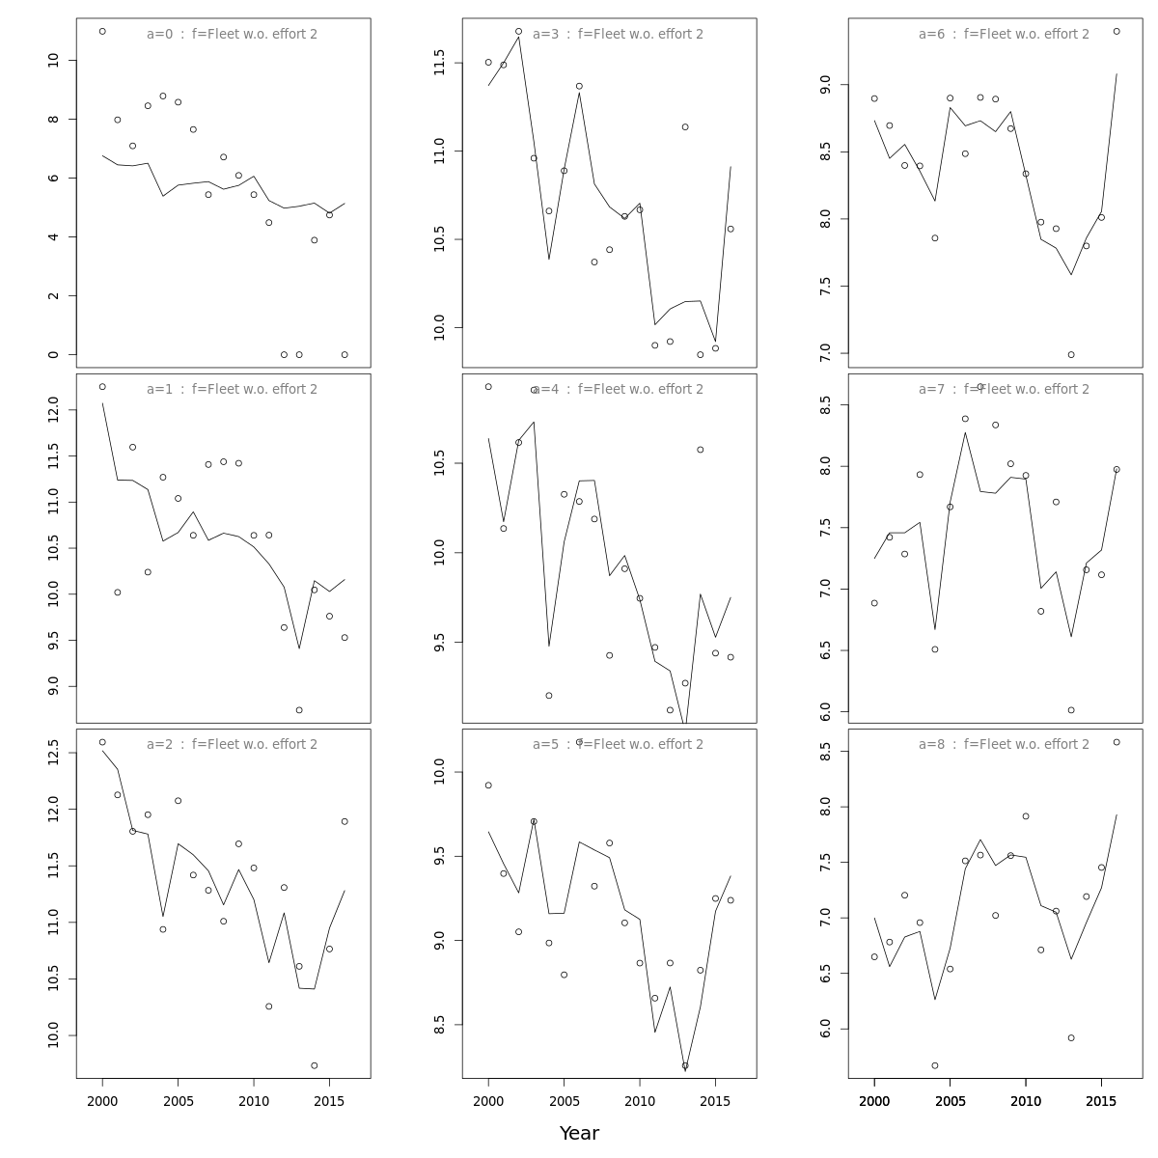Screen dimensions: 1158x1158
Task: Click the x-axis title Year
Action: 579,1134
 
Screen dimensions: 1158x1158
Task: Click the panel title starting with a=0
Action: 232,35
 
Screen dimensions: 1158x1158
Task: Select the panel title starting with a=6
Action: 1004,35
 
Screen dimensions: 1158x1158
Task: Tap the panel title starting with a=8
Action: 1004,745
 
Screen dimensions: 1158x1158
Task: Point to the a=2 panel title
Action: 232,745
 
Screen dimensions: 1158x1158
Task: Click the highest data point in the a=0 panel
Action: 102,32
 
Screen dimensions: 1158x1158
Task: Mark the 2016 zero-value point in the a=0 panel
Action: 345,355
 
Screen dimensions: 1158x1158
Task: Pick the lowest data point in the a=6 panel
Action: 1071,355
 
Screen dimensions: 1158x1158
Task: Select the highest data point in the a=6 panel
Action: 1117,32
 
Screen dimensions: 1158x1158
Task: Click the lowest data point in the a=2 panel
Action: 315,1065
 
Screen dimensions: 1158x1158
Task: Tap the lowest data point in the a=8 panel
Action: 935,1065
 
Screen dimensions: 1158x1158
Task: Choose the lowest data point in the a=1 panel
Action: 299,710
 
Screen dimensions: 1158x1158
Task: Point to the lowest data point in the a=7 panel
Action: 1071,710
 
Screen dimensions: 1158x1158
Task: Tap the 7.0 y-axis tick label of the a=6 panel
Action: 825,353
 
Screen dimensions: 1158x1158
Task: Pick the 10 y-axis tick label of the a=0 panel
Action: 53,60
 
